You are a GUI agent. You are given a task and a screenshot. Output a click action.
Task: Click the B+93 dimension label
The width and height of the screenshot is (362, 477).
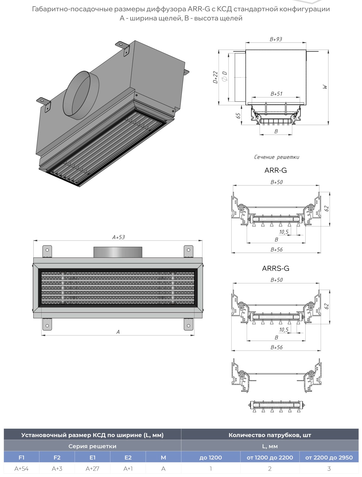(x=276, y=39)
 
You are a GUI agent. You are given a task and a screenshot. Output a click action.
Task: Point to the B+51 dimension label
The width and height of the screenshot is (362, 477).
(x=276, y=94)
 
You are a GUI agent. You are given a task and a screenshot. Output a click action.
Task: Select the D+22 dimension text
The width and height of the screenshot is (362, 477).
(x=215, y=77)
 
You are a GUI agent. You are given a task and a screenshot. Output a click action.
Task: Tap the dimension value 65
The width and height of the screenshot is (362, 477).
(x=239, y=116)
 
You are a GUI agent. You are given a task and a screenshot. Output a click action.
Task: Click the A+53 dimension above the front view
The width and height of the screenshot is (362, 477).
(x=119, y=237)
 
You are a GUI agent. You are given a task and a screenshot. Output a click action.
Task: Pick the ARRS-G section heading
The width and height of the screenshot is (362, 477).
(x=276, y=268)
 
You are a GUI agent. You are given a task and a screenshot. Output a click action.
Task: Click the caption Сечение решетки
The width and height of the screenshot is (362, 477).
(x=277, y=157)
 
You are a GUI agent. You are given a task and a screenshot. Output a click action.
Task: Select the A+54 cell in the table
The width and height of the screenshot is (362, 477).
(x=22, y=469)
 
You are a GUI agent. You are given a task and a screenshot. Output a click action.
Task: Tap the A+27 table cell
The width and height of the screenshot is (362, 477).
(x=93, y=469)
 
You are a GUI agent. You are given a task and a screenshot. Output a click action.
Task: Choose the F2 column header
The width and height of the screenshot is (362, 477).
(x=57, y=457)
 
